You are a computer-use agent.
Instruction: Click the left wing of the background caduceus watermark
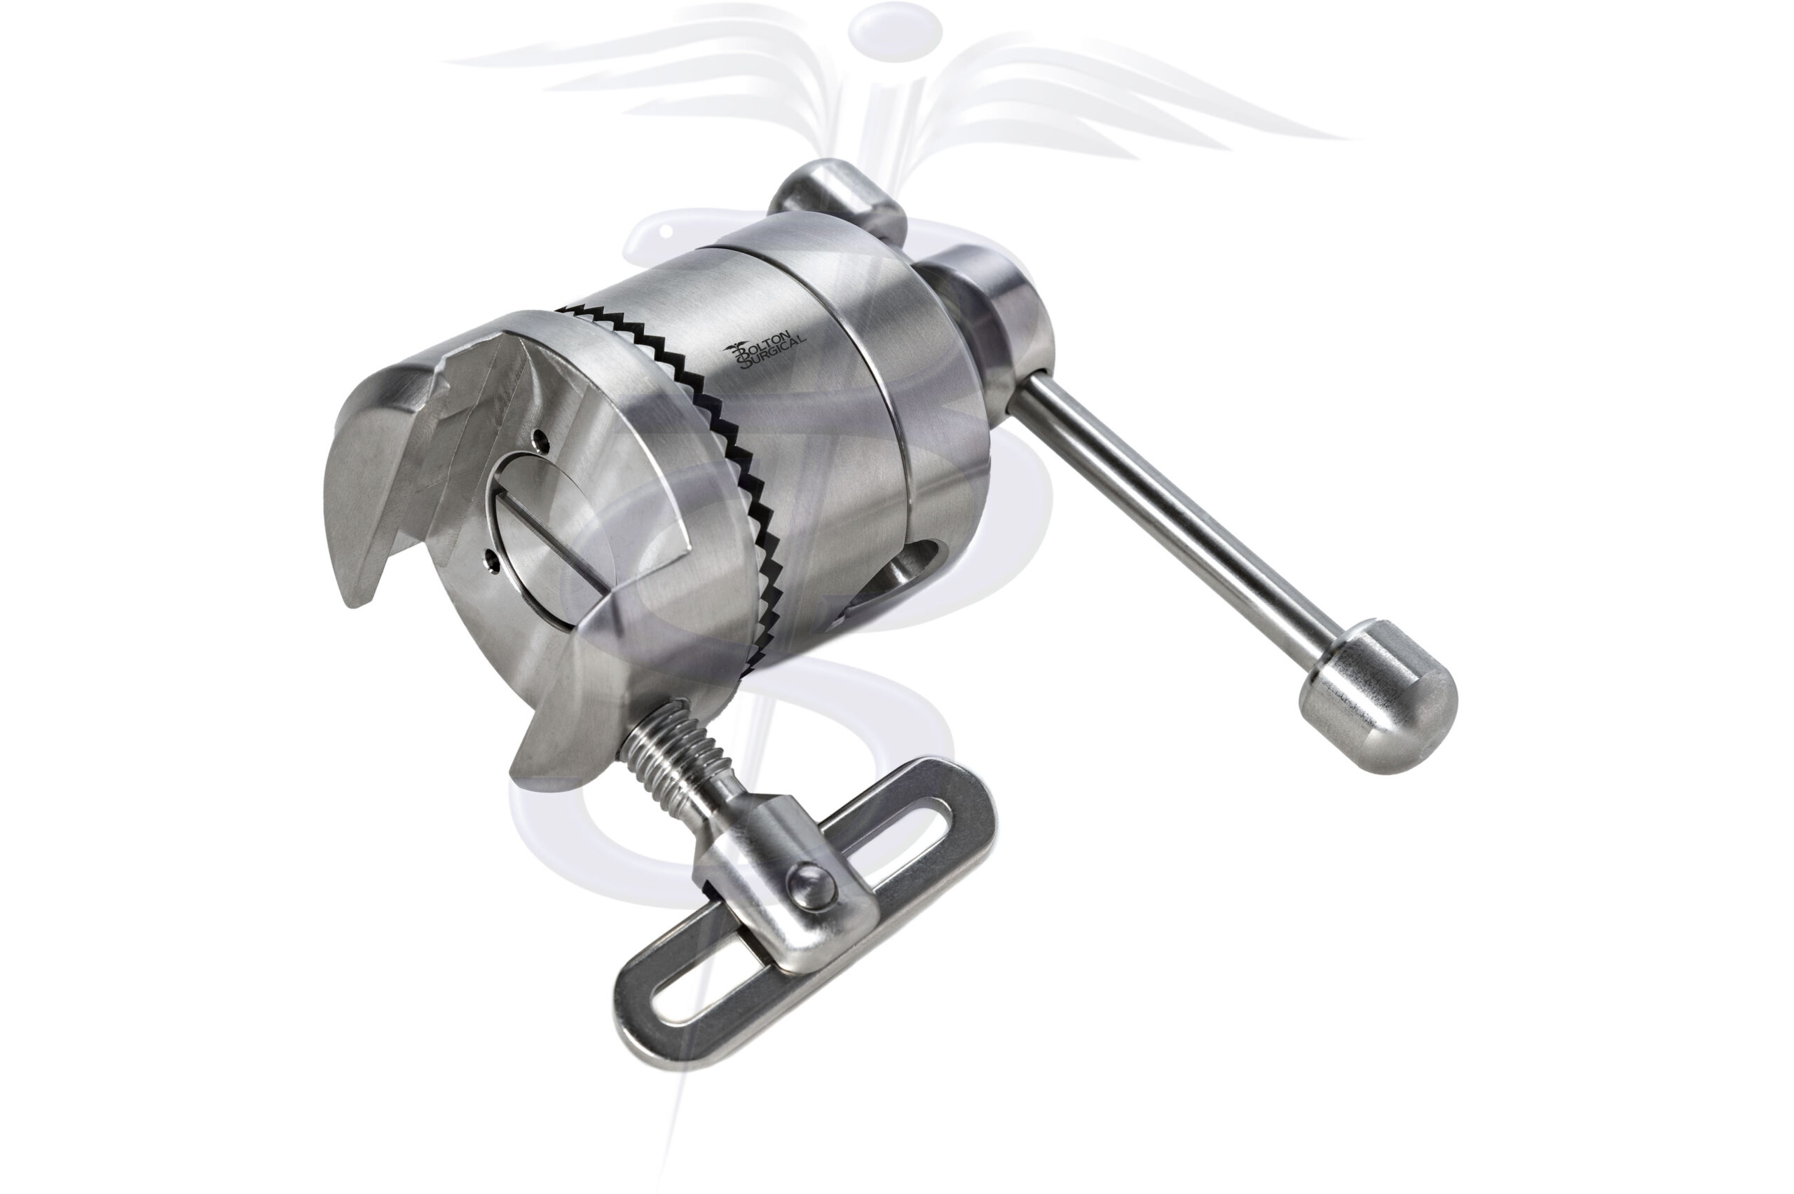point(647,83)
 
